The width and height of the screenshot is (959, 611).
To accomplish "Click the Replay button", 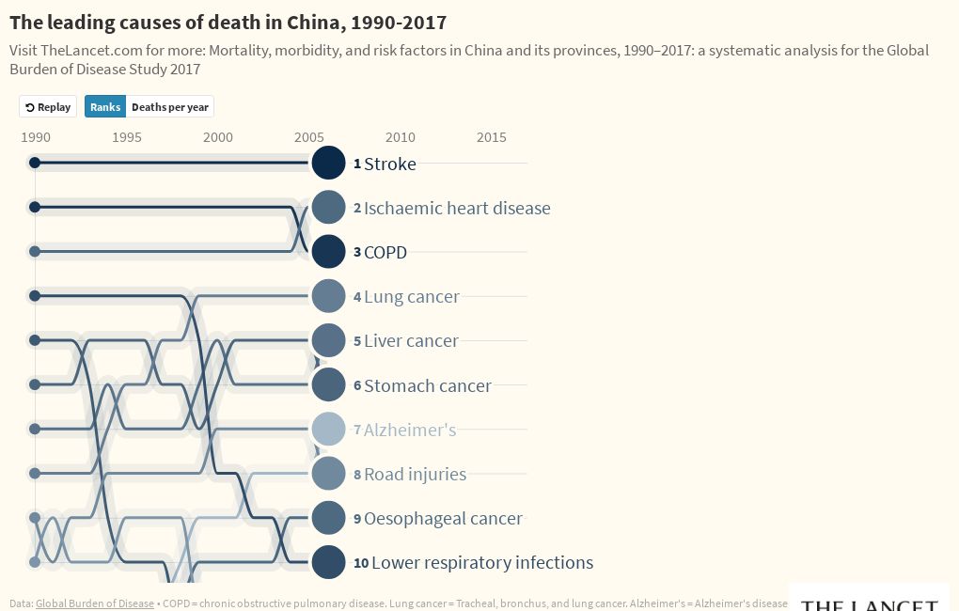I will pos(48,107).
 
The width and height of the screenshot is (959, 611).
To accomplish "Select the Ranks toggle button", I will pos(105,107).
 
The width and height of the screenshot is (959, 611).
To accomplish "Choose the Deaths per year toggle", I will pos(170,107).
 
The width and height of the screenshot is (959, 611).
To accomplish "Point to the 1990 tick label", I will pos(36,137).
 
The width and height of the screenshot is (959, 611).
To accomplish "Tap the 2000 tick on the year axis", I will pos(218,137).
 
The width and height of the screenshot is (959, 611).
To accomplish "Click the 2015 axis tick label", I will pos(492,137).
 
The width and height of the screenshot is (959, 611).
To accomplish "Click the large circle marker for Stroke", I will pos(328,163).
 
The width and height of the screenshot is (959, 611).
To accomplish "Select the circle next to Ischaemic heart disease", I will pos(328,208).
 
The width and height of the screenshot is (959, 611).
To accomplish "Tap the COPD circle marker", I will pos(328,252).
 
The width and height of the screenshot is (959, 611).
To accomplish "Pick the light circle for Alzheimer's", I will pos(328,430).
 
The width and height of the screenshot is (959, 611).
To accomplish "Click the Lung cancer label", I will pos(411,297).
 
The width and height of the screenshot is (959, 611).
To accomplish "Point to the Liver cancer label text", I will pos(411,341).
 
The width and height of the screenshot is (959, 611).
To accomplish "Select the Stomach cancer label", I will pos(427,385).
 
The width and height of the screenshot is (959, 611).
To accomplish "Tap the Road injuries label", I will pos(415,475).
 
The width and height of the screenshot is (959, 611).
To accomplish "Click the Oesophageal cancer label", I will pos(443,519).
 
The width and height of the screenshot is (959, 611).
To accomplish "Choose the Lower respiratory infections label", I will pos(481,563).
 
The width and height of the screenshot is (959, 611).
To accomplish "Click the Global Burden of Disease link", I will pos(94,603).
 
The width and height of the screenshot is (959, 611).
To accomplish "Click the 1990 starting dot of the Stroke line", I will pos(35,163).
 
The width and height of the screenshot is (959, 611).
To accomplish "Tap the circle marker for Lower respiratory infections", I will pos(328,562).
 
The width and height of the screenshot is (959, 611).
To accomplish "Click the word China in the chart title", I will pos(291,22).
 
